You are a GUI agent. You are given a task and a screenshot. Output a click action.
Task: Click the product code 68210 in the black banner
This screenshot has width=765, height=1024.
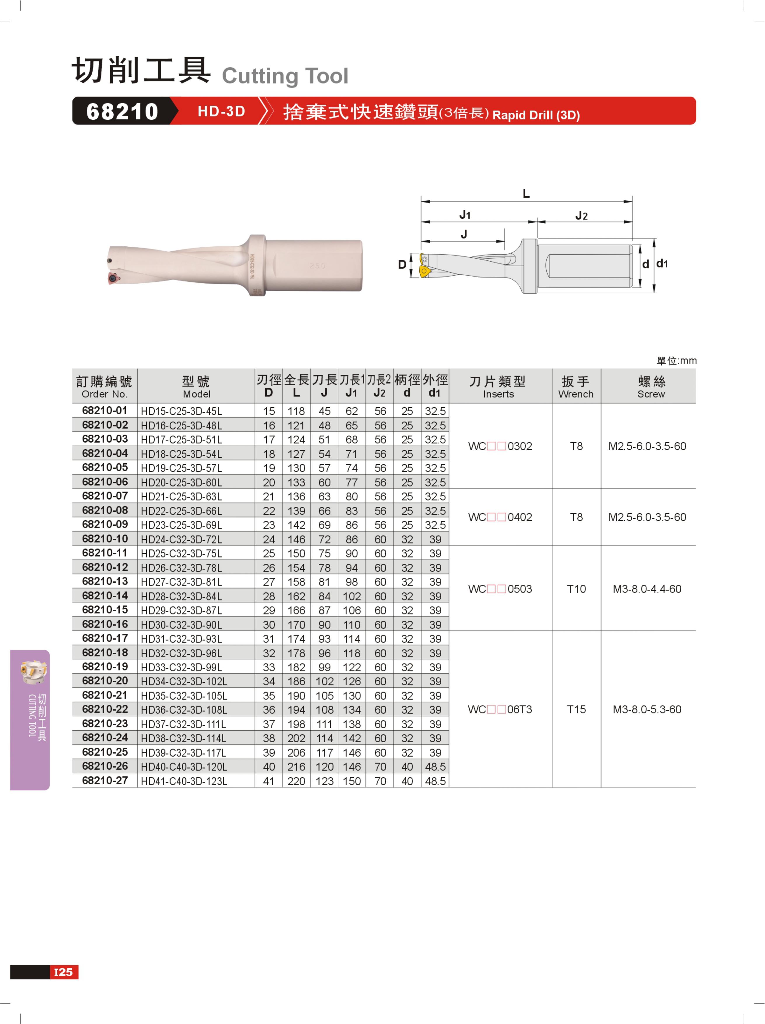pyautogui.click(x=122, y=112)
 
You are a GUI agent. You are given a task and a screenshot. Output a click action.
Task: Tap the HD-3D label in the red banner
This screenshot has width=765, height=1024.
pyautogui.click(x=221, y=112)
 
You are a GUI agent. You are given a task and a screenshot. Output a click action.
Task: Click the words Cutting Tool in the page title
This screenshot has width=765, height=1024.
pyautogui.click(x=285, y=76)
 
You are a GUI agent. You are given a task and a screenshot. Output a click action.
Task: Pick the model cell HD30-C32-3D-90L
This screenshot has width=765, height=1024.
pyautogui.click(x=182, y=624)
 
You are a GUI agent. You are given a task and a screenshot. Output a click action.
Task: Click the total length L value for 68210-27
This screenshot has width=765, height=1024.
pyautogui.click(x=296, y=781)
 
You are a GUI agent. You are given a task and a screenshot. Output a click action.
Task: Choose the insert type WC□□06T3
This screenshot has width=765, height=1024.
pyautogui.click(x=500, y=709)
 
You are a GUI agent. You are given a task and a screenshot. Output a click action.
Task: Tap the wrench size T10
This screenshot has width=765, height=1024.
pyautogui.click(x=576, y=589)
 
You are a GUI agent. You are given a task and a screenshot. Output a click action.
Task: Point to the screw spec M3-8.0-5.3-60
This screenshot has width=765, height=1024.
pyautogui.click(x=647, y=709)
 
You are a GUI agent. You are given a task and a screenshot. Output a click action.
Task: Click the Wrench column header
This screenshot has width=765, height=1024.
pyautogui.click(x=576, y=387)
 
